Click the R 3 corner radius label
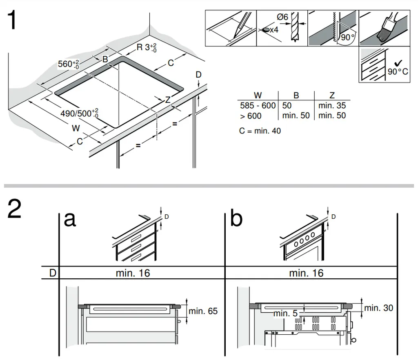(146, 47)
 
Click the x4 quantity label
(273, 30)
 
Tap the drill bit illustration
(295, 29)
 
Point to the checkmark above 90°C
(398, 62)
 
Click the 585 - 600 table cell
(258, 106)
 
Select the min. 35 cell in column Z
(332, 106)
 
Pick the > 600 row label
(251, 116)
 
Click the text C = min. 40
(260, 131)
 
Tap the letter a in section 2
(70, 219)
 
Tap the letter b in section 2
(236, 219)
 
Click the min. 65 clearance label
(203, 311)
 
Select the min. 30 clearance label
(378, 308)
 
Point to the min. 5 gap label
(286, 313)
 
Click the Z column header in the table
(332, 96)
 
